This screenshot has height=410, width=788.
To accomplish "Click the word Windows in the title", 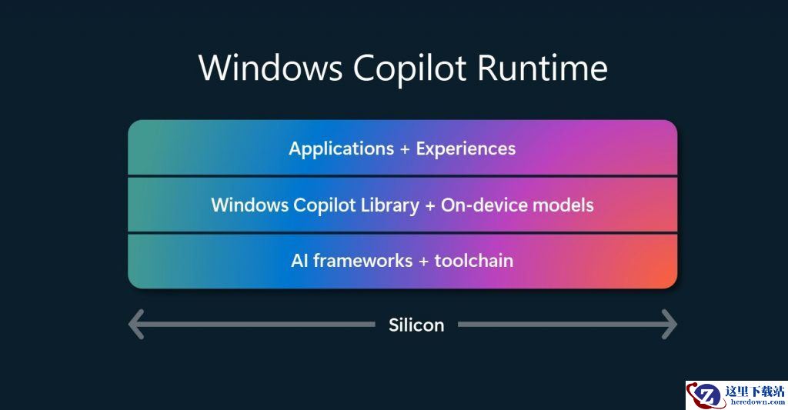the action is (270, 68).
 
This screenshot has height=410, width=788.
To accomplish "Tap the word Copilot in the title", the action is (409, 68).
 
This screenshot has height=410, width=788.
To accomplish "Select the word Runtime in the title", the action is (543, 68).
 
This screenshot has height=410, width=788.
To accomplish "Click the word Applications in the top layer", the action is (341, 149).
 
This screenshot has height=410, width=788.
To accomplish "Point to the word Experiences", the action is (466, 149).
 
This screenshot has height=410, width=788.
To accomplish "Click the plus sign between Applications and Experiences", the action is (405, 149).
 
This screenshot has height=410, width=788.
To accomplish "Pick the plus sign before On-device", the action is (430, 205).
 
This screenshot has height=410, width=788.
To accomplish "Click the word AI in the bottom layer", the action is (299, 261).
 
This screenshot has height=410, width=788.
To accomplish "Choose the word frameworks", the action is (363, 261).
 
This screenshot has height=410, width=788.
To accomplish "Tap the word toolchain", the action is (474, 261).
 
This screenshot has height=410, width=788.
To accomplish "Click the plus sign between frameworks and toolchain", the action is (424, 262).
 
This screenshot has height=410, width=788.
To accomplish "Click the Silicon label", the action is (416, 325).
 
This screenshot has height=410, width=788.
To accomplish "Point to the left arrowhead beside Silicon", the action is (136, 324).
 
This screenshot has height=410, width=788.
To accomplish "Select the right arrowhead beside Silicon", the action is (669, 324).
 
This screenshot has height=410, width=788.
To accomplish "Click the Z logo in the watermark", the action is (706, 395).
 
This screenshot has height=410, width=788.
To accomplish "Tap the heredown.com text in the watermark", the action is (757, 402).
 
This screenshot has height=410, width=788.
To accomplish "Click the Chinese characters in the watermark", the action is (754, 391).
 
